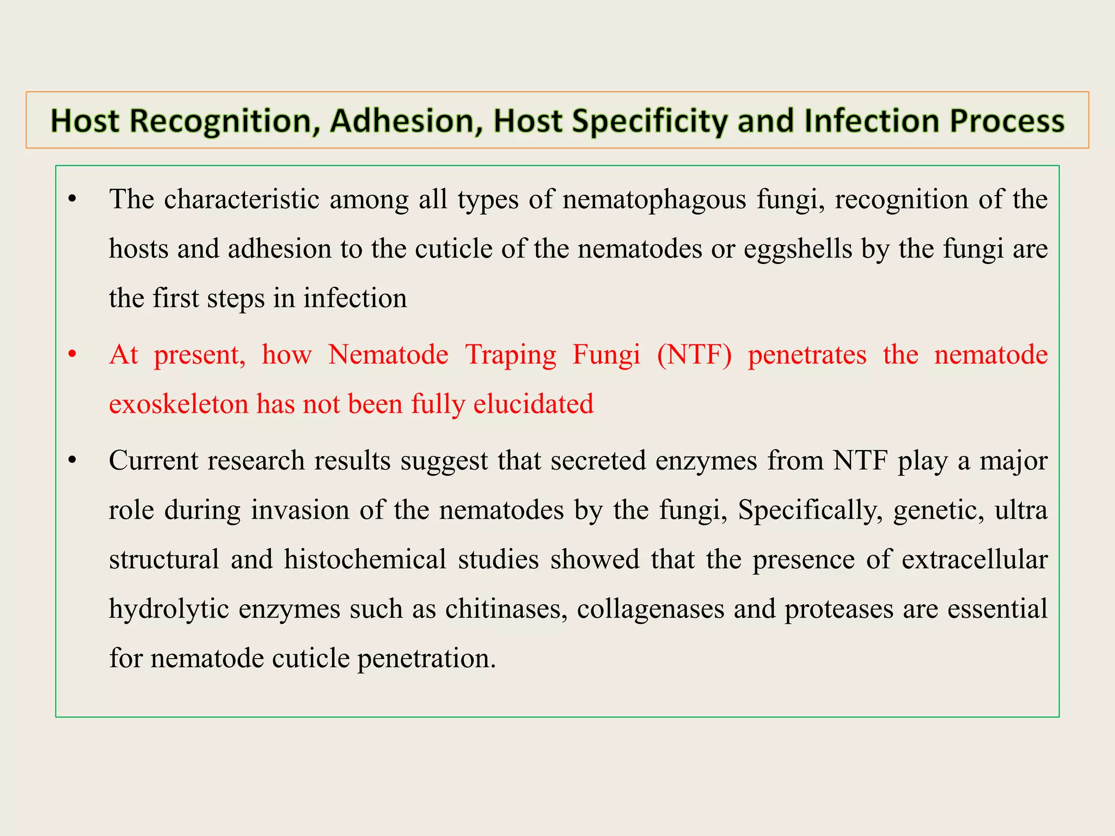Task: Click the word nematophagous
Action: (654, 199)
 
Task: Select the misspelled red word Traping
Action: (510, 355)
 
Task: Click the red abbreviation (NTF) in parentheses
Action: (694, 355)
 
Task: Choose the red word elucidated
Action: (533, 404)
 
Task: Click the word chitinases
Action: (506, 609)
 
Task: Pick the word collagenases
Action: (650, 609)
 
